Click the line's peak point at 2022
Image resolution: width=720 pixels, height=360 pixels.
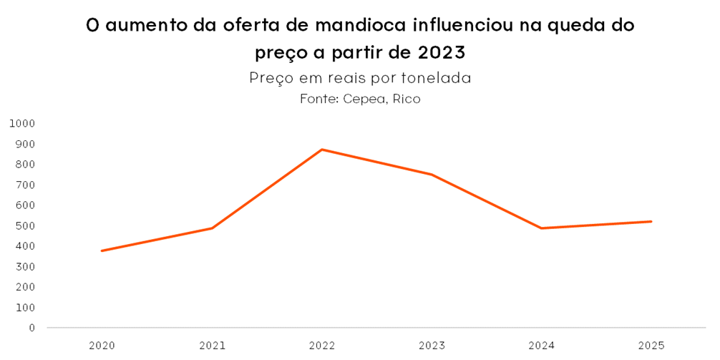click(322, 150)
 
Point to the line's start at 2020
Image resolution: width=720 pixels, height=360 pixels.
click(102, 250)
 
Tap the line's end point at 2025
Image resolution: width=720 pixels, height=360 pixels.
click(651, 221)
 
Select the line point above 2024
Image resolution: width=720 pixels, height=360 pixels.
click(542, 228)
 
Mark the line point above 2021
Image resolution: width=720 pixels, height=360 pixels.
click(213, 228)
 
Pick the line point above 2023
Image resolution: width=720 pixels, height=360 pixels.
click(432, 174)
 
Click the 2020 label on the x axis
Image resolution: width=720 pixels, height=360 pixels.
click(102, 346)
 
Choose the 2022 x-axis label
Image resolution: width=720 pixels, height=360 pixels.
click(322, 346)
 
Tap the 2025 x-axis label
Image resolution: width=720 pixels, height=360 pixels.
click(651, 346)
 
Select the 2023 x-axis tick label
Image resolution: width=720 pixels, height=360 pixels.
click(432, 346)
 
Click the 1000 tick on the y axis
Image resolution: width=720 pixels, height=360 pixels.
click(22, 123)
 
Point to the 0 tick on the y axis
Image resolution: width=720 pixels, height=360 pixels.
click(31, 328)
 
